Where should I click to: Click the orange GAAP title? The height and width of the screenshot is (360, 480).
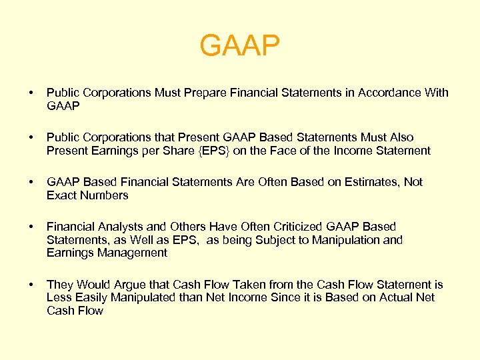[x=240, y=46]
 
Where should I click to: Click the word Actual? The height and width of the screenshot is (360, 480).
[x=379, y=297]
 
